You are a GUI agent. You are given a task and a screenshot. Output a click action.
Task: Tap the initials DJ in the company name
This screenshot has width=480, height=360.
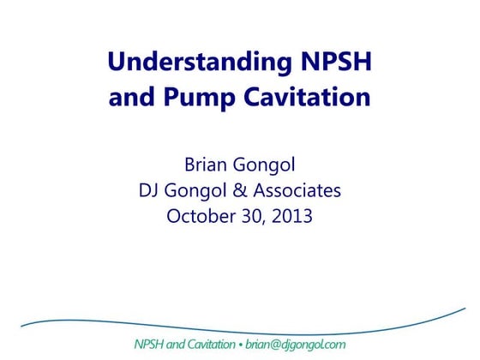[x=151, y=190]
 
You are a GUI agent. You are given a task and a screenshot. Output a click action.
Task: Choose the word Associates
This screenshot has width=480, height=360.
[x=297, y=190]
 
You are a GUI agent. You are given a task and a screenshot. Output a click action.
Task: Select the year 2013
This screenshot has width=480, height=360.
[x=291, y=216]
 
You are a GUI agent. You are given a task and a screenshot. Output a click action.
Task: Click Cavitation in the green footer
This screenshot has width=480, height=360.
[x=213, y=345]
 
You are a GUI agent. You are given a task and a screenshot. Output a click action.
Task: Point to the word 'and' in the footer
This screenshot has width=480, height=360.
[x=179, y=345]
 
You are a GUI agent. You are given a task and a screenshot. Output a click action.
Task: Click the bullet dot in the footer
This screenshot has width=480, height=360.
[x=242, y=345]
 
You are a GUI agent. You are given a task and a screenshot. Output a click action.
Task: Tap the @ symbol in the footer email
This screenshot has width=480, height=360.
[x=275, y=345]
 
